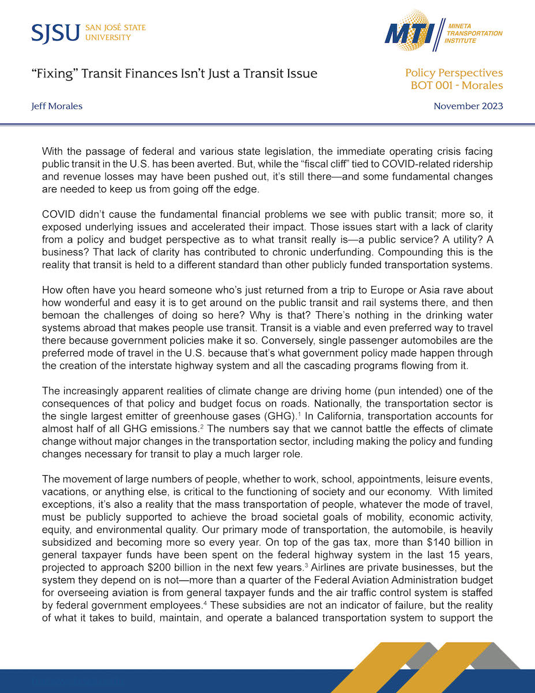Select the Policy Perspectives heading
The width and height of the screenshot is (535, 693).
[454, 73]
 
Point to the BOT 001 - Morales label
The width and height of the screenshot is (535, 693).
[457, 85]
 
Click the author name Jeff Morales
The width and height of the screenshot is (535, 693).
[57, 106]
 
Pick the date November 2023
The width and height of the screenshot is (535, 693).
[468, 106]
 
